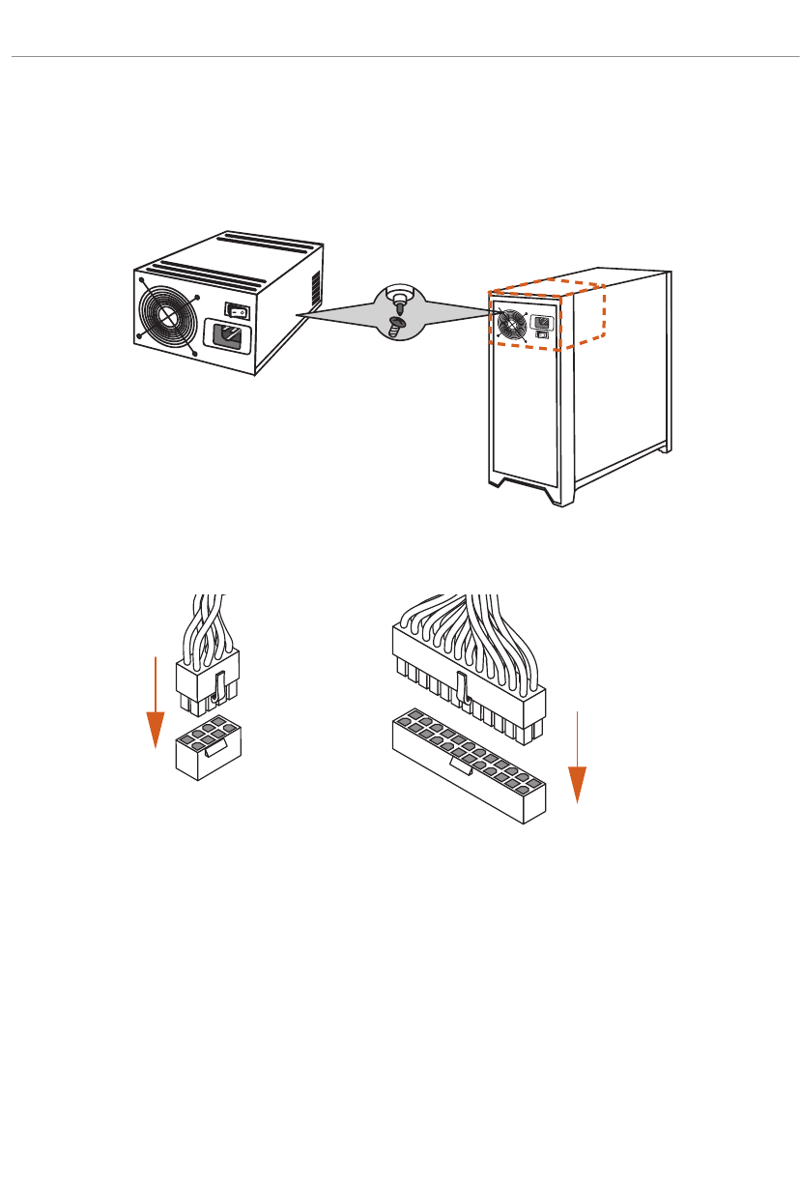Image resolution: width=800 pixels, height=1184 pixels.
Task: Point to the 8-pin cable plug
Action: pyautogui.click(x=207, y=679)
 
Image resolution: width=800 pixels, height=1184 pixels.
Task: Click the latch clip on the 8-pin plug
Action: pyautogui.click(x=218, y=686)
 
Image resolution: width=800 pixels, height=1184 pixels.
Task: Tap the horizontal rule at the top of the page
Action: pyautogui.click(x=400, y=57)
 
